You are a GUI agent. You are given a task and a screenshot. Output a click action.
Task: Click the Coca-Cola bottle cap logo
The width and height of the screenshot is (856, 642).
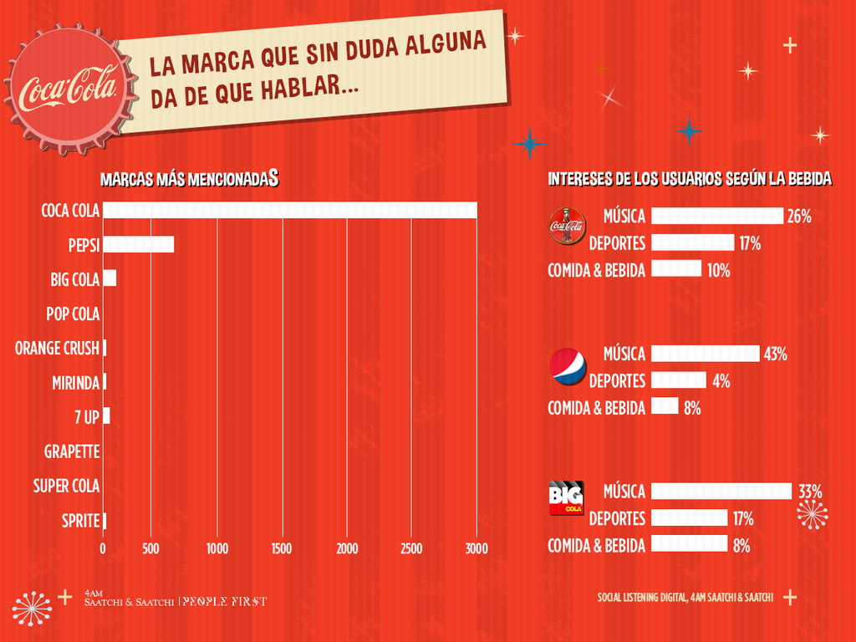click(70, 89)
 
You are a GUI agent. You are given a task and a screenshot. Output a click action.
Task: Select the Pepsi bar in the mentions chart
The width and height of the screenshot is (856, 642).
click(138, 244)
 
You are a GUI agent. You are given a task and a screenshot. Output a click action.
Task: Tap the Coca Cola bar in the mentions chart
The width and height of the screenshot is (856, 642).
click(289, 210)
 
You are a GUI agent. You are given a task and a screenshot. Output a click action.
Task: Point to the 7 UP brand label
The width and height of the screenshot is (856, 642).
click(86, 416)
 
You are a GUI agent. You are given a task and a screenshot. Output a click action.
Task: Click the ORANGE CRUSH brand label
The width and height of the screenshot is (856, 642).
click(57, 348)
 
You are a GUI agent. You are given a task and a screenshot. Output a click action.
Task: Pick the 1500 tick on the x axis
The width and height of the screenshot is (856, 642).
click(282, 548)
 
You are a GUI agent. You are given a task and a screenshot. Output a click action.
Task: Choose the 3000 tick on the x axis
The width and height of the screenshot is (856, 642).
click(476, 548)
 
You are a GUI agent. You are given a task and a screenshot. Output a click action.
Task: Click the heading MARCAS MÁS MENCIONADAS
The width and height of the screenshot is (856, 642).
click(189, 179)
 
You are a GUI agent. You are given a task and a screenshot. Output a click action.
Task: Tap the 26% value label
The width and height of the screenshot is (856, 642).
click(798, 217)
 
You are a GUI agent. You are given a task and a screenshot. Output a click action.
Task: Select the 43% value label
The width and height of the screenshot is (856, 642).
click(775, 354)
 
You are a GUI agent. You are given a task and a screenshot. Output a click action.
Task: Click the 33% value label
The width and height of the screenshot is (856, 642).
click(810, 491)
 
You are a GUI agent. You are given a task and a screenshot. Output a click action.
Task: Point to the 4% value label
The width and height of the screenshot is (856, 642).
click(721, 381)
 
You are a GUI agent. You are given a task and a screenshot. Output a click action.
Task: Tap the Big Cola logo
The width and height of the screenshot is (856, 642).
click(566, 498)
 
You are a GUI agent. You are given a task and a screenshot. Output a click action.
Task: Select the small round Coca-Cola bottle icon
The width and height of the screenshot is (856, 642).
click(568, 226)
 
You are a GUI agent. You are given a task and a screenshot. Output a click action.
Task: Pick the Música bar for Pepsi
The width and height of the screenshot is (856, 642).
click(705, 354)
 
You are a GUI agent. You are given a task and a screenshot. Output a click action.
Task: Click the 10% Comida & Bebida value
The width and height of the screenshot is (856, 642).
click(719, 270)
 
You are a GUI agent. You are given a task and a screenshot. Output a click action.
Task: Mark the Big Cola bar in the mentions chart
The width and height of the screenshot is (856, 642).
click(110, 278)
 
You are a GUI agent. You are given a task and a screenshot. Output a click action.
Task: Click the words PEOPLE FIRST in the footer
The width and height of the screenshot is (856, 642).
click(225, 601)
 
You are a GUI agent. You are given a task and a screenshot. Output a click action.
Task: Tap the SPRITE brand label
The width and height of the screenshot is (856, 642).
click(81, 521)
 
